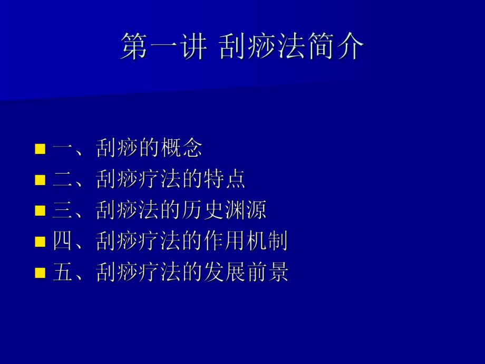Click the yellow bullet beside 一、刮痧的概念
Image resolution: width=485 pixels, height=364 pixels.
(x=40, y=149)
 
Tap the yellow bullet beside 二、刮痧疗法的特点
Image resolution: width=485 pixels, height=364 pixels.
(x=40, y=180)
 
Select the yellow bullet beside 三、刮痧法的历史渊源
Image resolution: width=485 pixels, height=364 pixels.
(x=40, y=212)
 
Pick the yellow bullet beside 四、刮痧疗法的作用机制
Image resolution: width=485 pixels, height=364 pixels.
(x=40, y=242)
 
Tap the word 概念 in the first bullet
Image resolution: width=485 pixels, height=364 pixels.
(x=181, y=149)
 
